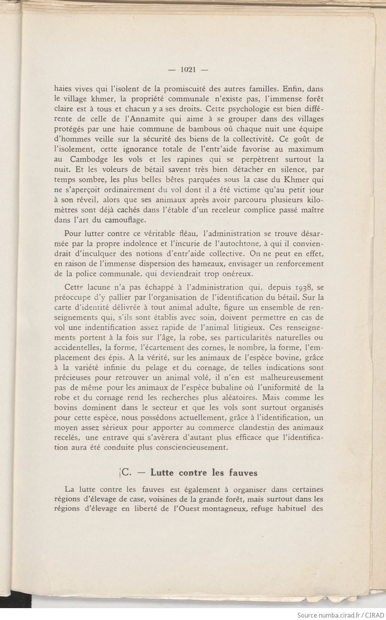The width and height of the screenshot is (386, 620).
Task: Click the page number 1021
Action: (x=189, y=69)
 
